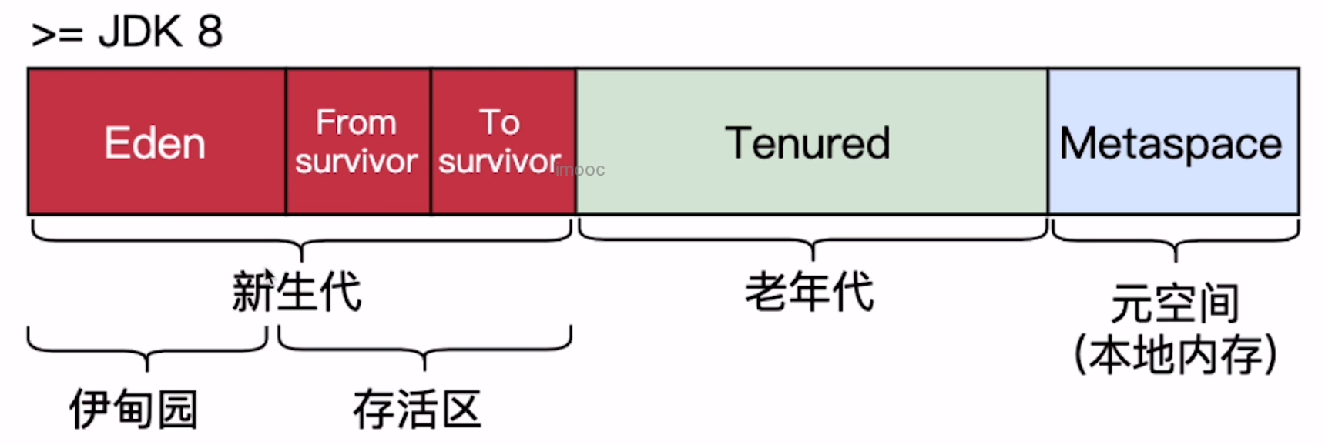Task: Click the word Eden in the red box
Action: (x=155, y=143)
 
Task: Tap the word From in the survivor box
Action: (x=356, y=122)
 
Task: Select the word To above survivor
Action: (x=500, y=122)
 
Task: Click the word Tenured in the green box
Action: (x=808, y=143)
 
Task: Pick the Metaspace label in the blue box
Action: (x=1171, y=143)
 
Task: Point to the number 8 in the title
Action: (x=210, y=32)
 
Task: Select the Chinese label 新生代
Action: (x=297, y=291)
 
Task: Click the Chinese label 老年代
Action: (x=810, y=291)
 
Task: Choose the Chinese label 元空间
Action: (x=1175, y=303)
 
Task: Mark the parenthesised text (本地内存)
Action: (x=1175, y=354)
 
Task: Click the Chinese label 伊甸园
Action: (x=134, y=408)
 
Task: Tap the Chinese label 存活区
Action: (x=417, y=408)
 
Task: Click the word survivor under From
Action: (x=356, y=161)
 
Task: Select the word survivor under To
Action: (x=499, y=161)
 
